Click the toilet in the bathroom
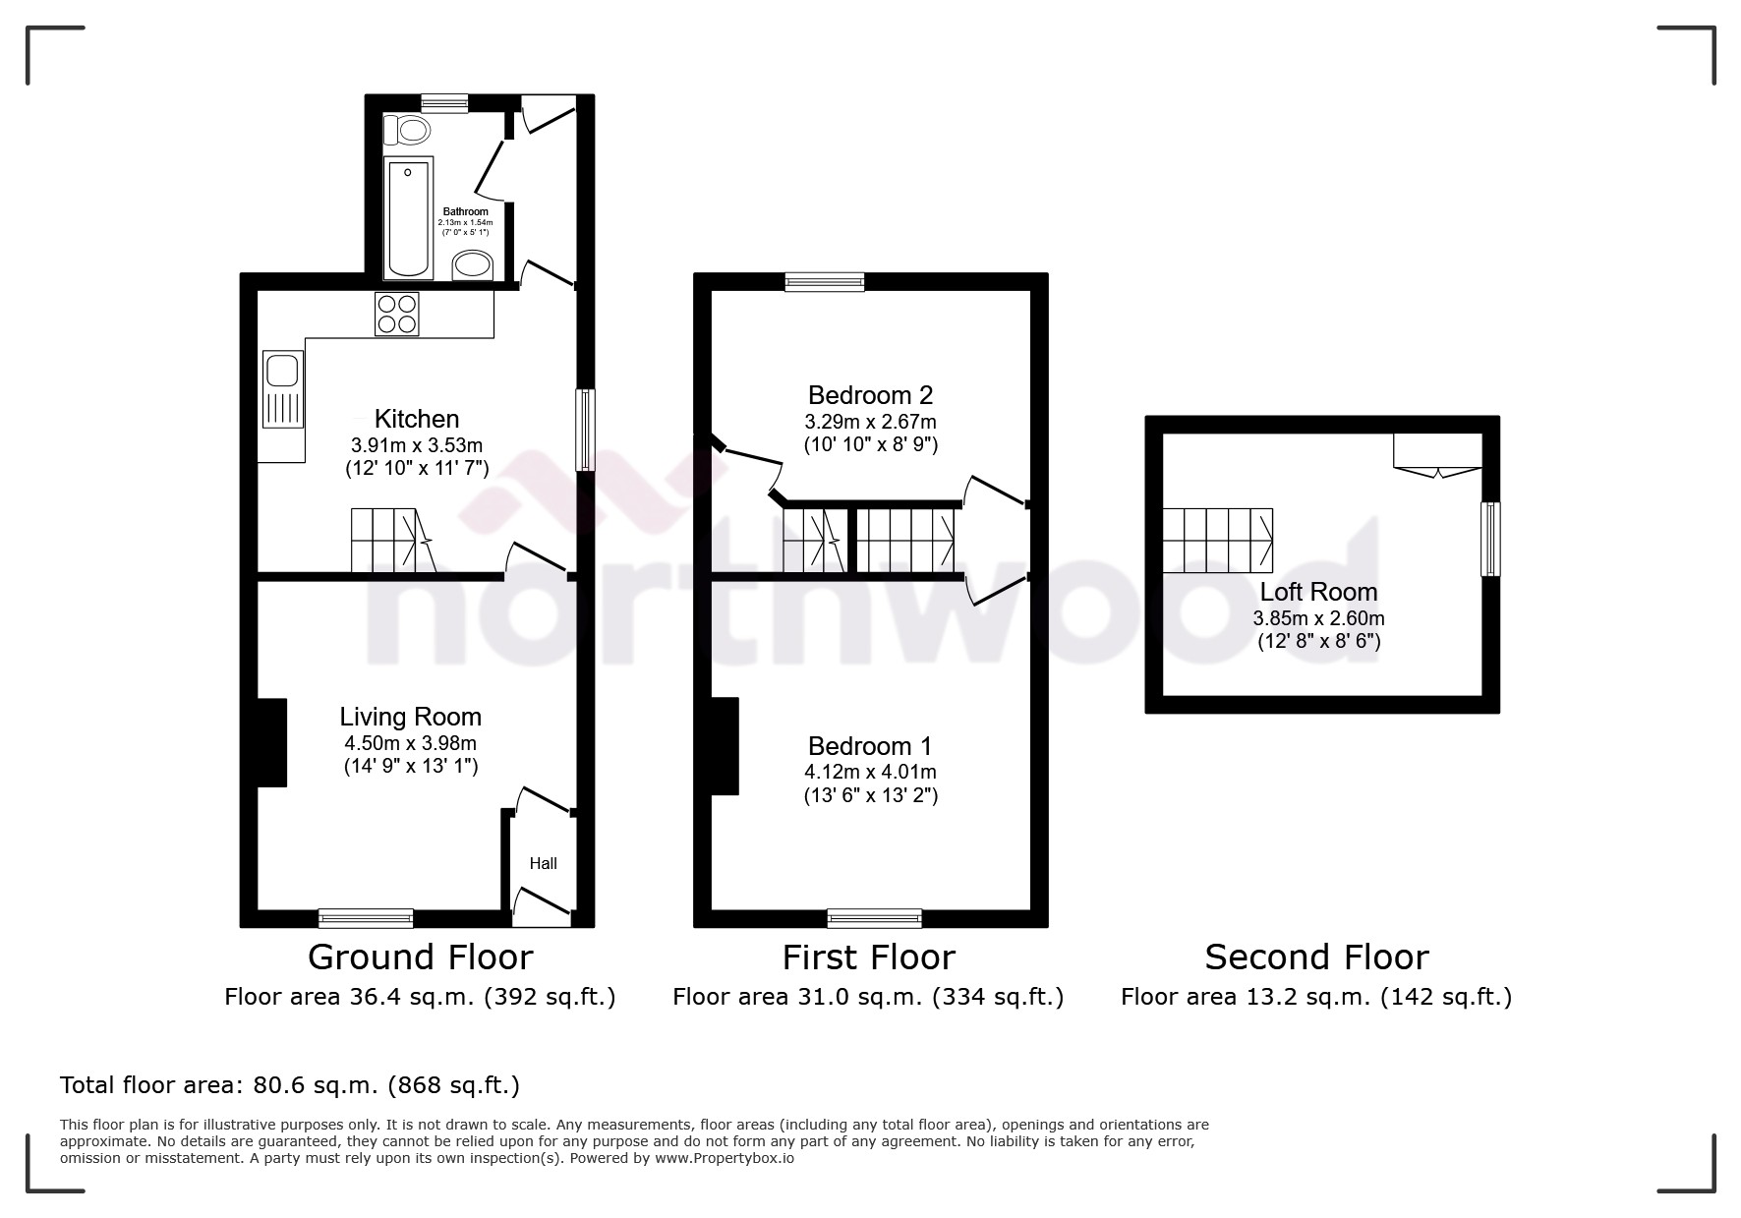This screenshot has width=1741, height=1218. (x=407, y=129)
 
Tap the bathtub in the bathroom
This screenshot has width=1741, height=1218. (x=408, y=217)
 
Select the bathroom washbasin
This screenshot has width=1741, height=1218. (x=473, y=264)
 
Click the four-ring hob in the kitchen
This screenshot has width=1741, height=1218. (x=396, y=315)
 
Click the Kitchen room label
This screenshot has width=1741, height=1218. (x=417, y=419)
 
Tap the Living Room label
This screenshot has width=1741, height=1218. (x=411, y=717)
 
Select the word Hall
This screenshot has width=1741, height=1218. (x=543, y=863)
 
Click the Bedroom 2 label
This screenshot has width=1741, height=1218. (x=870, y=395)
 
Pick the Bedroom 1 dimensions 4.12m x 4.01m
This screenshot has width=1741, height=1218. (x=870, y=772)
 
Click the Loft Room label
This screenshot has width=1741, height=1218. (x=1318, y=592)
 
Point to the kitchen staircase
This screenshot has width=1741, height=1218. (x=391, y=540)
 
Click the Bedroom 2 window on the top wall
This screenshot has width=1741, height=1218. (x=825, y=283)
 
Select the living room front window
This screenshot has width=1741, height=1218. (x=366, y=918)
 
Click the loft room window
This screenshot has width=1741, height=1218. (x=1490, y=539)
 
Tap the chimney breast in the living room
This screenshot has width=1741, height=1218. (x=271, y=742)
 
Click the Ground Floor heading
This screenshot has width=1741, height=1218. (x=420, y=957)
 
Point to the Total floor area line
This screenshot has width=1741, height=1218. (x=290, y=1085)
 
